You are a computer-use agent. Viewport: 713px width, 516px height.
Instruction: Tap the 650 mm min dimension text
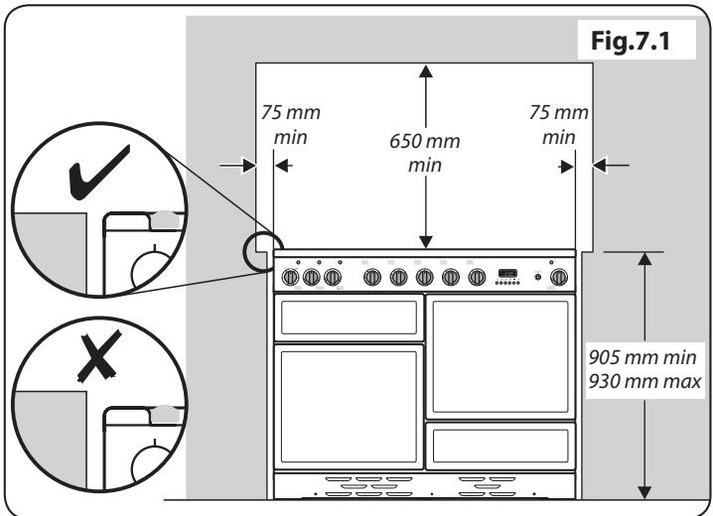click(x=425, y=151)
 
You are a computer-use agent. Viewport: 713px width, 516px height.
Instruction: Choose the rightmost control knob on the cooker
click(x=560, y=277)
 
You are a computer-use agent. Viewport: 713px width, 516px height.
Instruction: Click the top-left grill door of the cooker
click(x=348, y=318)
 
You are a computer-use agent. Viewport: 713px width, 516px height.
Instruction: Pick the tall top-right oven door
click(x=500, y=353)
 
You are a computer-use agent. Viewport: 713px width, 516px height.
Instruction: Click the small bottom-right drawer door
click(x=500, y=441)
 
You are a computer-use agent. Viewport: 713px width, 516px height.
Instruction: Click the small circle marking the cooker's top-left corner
click(x=261, y=245)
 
